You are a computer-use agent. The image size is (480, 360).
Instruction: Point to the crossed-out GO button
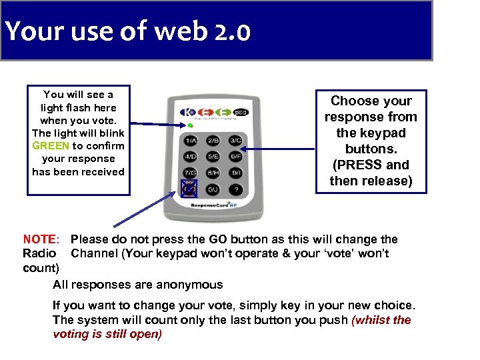pos(189,190)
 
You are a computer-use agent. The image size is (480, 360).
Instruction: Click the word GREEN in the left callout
pos(51,146)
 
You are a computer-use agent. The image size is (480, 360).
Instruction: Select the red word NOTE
pos(41,239)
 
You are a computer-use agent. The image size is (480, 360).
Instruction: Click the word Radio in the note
pos(39,253)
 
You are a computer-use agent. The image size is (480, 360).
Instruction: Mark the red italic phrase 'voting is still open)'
pos(107,334)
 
